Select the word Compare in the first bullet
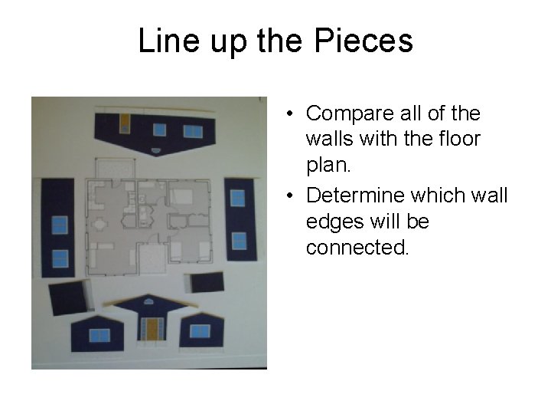tap(350, 113)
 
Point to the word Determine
tap(355, 195)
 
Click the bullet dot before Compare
tap(292, 114)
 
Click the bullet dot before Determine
tap(292, 196)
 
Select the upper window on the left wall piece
tap(60, 225)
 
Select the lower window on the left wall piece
tap(60, 258)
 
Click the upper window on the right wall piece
tap(238, 198)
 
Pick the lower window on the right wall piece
tap(239, 240)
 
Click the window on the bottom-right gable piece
tap(200, 330)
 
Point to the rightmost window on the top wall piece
tap(193, 131)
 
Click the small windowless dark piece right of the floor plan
tap(207, 281)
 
